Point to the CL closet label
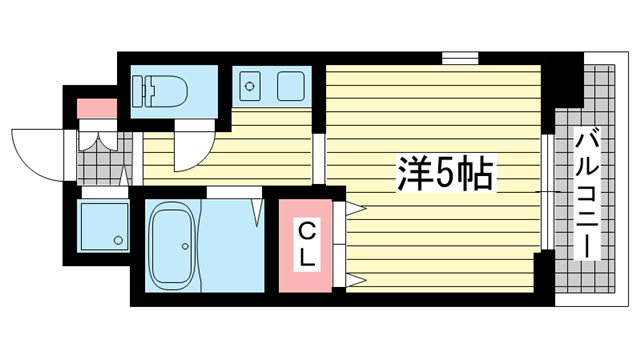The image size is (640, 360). point(307,245)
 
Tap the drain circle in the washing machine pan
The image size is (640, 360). point(118,240)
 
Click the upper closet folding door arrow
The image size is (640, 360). point(356,210)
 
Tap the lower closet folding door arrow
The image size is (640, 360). point(356,279)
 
